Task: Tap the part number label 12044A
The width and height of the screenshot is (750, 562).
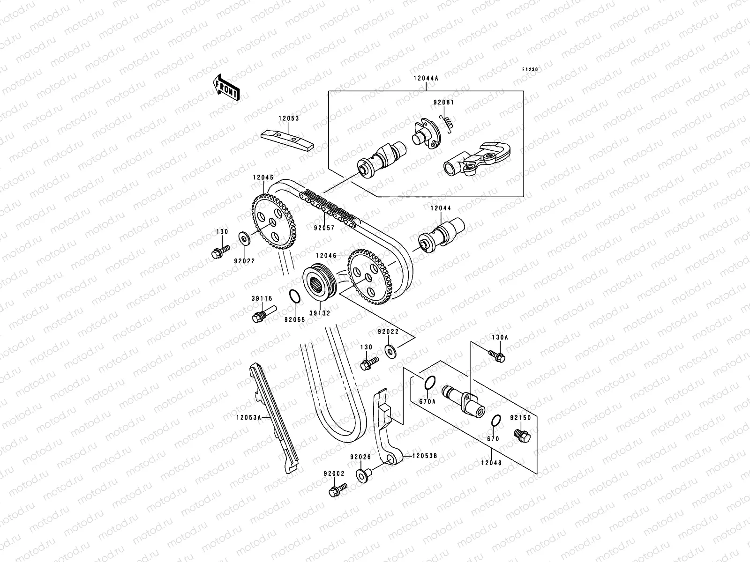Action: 426,79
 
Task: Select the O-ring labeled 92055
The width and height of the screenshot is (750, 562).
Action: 294,296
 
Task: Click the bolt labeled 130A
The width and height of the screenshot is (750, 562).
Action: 496,356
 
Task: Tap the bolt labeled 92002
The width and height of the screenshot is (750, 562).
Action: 337,490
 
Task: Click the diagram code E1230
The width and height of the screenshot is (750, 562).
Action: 531,69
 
